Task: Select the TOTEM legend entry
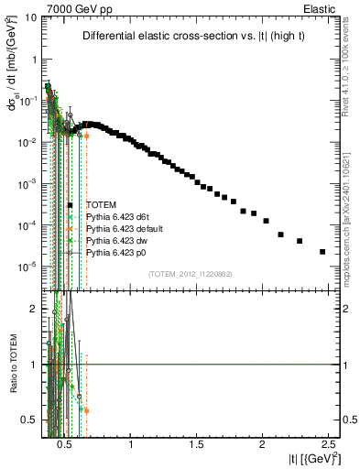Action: tap(101, 204)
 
